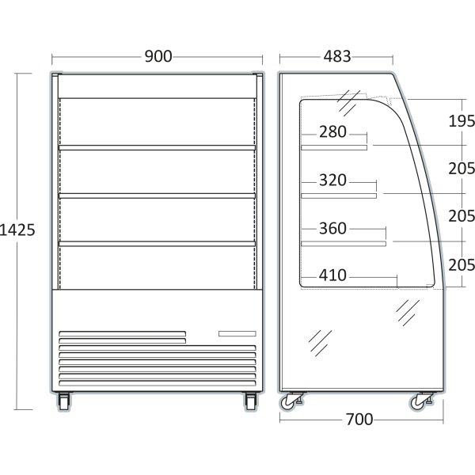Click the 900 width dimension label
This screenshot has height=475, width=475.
[x=158, y=56]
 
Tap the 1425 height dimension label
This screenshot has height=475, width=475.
[x=17, y=230]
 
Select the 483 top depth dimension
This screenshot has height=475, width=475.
[x=337, y=56]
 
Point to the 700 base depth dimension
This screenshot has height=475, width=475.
[x=359, y=420]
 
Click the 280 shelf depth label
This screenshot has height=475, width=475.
[x=332, y=131]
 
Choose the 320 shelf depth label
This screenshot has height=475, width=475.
[x=332, y=180]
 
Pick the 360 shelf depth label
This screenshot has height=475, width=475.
[x=332, y=228]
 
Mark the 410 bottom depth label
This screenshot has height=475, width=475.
[x=332, y=275]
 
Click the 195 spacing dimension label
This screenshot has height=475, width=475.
[x=462, y=121]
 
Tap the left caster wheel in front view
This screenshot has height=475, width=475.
[x=64, y=401]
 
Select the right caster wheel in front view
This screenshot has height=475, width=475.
[x=251, y=401]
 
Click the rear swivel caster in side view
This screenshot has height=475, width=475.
[x=291, y=401]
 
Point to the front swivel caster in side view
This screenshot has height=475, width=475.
[x=421, y=401]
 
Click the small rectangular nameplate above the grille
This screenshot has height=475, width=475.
[x=237, y=333]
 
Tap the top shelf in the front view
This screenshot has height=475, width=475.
[x=158, y=147]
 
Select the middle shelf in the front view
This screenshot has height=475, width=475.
[x=158, y=196]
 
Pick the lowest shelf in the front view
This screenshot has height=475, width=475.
[x=158, y=244]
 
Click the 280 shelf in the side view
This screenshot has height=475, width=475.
[x=334, y=147]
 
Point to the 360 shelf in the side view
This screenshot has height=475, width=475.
[x=344, y=244]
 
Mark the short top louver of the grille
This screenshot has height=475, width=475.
[x=123, y=334]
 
